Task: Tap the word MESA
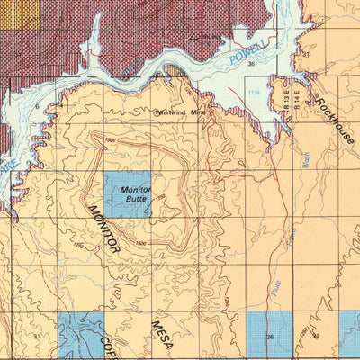160,331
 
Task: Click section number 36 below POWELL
251,64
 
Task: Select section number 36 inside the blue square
270,336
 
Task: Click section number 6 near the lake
37,106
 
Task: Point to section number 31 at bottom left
35,336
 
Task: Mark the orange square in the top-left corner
20,13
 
